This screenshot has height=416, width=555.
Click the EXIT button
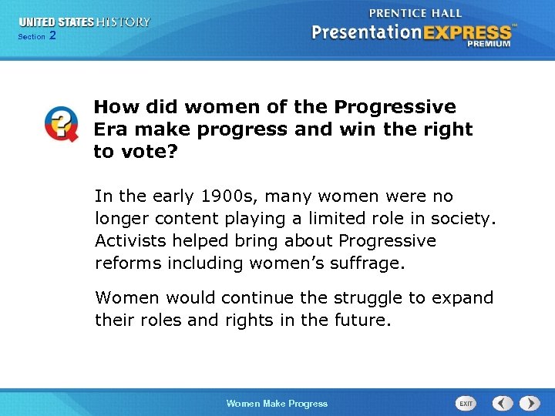(466, 403)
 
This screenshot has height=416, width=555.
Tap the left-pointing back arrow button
(503, 403)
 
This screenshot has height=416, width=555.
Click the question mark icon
(60, 124)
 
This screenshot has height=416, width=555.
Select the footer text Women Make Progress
(277, 404)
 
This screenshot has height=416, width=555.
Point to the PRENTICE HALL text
(415, 13)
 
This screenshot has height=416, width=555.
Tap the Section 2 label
(36, 36)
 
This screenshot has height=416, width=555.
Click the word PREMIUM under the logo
(488, 45)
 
